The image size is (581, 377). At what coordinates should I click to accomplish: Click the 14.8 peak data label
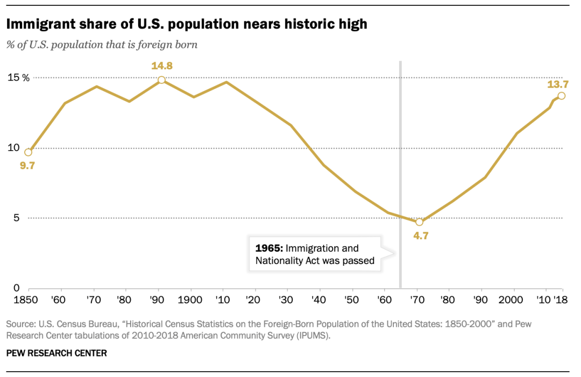(161, 66)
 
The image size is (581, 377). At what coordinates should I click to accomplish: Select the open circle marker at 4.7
(420, 222)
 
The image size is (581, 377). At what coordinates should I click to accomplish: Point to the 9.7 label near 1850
(27, 166)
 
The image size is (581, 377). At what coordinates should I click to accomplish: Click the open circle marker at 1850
(29, 152)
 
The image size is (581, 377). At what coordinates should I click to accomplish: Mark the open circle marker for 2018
(561, 96)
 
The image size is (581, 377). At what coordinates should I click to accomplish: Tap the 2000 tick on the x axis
(513, 299)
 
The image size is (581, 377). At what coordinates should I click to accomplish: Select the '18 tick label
(561, 299)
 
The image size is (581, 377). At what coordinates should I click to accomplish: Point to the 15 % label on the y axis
(18, 77)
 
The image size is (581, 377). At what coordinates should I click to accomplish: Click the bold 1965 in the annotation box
(269, 248)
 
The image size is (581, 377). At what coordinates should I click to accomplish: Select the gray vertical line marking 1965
(400, 161)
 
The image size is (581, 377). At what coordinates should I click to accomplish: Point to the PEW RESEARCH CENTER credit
(56, 353)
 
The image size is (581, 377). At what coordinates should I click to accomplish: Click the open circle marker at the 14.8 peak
(161, 80)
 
